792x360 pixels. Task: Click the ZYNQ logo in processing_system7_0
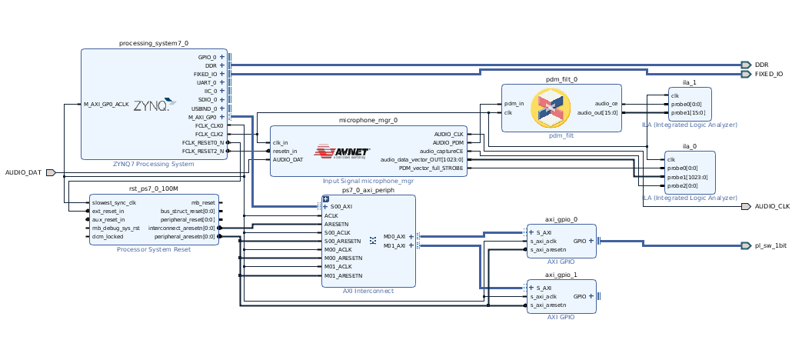(151, 106)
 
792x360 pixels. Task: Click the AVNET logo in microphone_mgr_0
(343, 152)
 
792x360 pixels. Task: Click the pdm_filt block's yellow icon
(551, 108)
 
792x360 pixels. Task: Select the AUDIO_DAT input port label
(23, 172)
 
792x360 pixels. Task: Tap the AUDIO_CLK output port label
(772, 206)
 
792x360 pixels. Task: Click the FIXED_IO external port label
(769, 75)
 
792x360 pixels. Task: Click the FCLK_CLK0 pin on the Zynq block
(208, 125)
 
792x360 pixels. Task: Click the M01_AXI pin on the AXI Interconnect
(394, 245)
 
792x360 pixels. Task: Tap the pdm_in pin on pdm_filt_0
(514, 104)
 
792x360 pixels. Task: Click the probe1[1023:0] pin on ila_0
(685, 177)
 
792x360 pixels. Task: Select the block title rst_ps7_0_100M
(153, 188)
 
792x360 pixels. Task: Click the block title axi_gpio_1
(561, 274)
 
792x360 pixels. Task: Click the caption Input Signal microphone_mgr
(368, 181)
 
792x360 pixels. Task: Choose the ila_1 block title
(689, 82)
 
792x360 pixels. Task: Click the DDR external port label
(761, 65)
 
